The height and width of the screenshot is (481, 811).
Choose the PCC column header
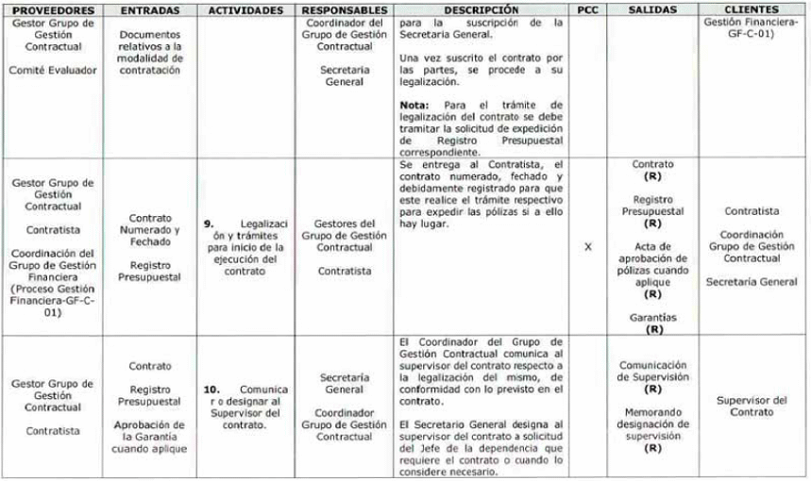pos(587,8)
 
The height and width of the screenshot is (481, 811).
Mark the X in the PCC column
pos(587,247)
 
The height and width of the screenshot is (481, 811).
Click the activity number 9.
pos(209,224)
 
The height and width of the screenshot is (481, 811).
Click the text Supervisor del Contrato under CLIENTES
pos(752,406)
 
